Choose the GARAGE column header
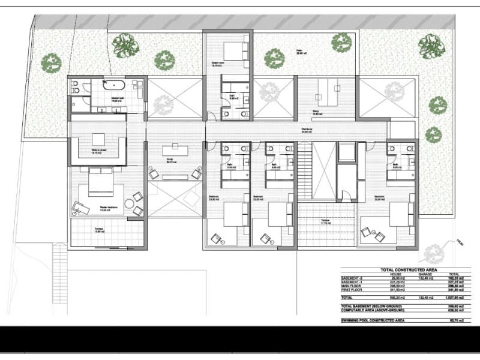pos(408,274)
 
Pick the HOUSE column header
pos(370,274)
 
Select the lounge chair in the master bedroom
pos(79,208)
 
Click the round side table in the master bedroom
pos(138,209)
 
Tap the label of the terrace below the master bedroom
pos(99,230)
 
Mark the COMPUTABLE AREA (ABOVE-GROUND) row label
pos(373,310)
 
